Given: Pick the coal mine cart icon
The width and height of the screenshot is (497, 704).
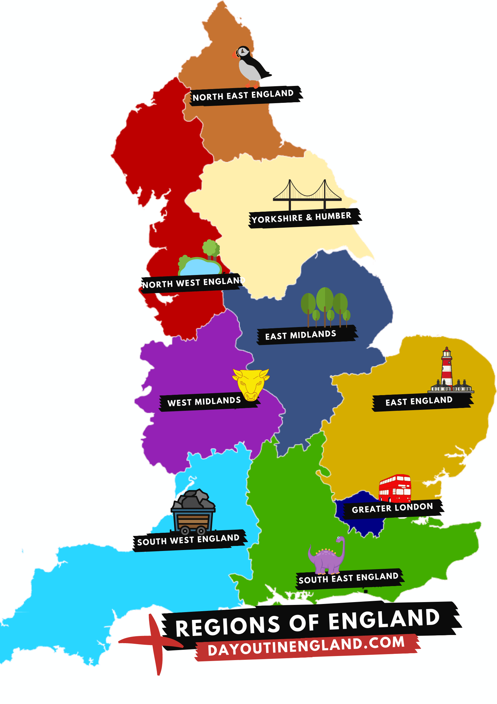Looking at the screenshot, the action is click(x=193, y=513).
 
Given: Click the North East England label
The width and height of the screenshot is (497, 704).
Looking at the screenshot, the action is click(x=244, y=95).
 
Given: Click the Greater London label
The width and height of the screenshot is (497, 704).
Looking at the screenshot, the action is click(x=392, y=508).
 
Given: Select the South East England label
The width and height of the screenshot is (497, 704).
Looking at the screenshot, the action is click(x=349, y=578).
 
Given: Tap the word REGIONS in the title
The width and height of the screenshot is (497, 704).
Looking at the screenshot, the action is click(x=228, y=626).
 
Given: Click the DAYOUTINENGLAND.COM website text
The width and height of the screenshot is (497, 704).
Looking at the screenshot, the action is click(x=306, y=646).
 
